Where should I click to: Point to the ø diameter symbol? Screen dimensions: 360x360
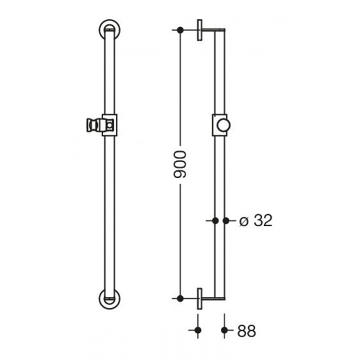pyautogui.click(x=244, y=221)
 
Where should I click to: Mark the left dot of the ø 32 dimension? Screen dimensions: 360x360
pyautogui.click(x=215, y=221)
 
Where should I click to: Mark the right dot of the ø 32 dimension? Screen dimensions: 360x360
pyautogui.click(x=226, y=221)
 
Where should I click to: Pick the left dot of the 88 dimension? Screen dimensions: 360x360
pyautogui.click(x=197, y=330)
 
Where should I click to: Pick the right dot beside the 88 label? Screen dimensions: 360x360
pyautogui.click(x=225, y=330)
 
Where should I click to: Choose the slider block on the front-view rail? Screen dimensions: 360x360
pyautogui.click(x=109, y=125)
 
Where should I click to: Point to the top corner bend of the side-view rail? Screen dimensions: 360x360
pyautogui.click(x=223, y=32)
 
